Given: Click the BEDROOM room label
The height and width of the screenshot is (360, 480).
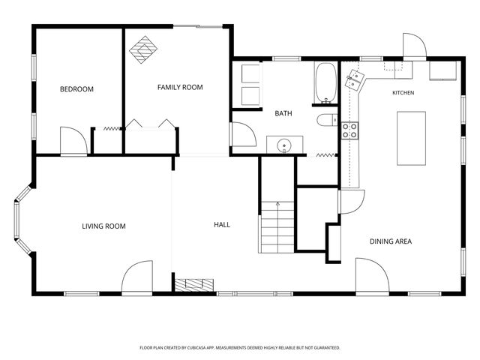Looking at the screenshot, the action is point(76,89).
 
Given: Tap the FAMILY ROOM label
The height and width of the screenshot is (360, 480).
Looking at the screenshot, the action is point(180,87).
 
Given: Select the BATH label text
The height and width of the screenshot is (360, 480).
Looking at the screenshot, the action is point(283,113).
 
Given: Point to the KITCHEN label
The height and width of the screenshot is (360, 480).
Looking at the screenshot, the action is point(403,92).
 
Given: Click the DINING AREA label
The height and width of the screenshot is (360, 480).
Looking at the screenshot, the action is point(391,241).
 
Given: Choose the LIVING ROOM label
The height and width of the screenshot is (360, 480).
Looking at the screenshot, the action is point(103,226).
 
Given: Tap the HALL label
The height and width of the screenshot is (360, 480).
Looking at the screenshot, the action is point(222,225).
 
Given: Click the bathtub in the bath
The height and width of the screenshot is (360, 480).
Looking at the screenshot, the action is point(325,82).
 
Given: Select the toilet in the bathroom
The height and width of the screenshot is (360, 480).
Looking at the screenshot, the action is point(327,120).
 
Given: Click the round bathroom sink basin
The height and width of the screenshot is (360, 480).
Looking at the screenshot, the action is point(284,145).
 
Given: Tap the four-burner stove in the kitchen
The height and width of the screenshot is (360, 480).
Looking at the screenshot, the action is point(350,130).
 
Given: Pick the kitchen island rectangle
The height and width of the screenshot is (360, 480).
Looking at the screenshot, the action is point(411,138).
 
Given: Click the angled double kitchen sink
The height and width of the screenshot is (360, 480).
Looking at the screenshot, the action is point(353,79).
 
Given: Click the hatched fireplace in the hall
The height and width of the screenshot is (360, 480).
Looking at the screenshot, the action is point(194,285).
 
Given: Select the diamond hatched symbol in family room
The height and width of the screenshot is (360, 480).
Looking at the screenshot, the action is point(143,49).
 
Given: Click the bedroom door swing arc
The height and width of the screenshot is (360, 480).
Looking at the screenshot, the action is point(80,134).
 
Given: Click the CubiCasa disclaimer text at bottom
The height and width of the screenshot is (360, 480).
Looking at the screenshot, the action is point(240,348).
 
